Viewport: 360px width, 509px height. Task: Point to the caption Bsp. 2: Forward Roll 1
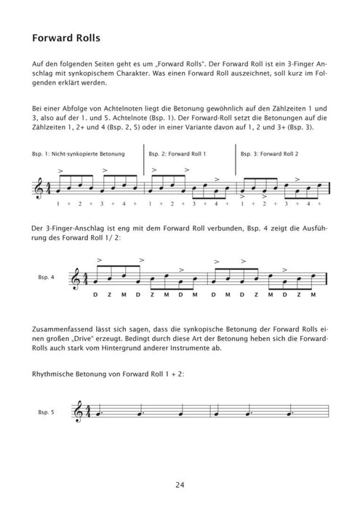tap(177, 155)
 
